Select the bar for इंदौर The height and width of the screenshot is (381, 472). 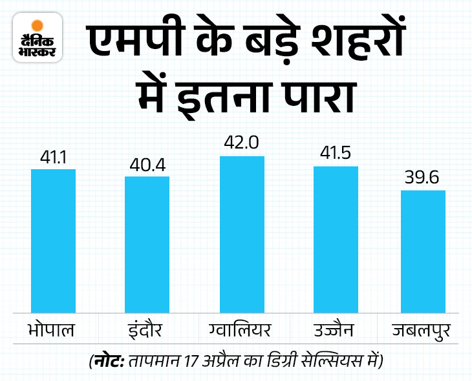[x=147, y=245]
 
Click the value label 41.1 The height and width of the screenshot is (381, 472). [x=54, y=158]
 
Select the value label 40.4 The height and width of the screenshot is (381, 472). [x=147, y=165]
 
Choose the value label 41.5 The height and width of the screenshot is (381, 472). [x=336, y=155]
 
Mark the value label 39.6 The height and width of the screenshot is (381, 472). [x=423, y=178]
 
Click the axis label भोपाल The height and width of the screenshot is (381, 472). [x=52, y=331]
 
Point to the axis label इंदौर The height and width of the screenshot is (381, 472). [x=146, y=331]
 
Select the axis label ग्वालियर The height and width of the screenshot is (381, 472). [x=242, y=331]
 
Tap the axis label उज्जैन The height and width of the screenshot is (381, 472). [x=336, y=331]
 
